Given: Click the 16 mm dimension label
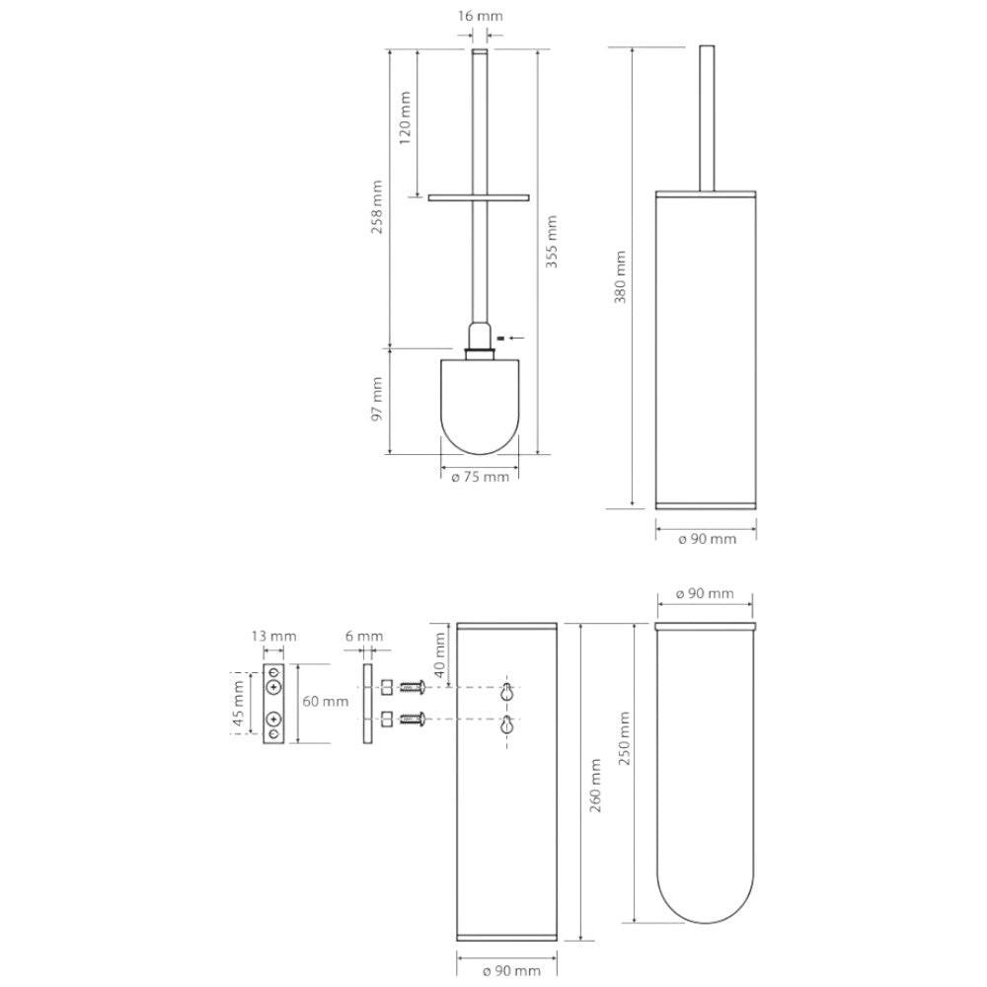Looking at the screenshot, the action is click(480, 17).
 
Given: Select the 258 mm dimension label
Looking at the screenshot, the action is click(377, 207).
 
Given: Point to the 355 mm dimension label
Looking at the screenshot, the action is click(552, 242).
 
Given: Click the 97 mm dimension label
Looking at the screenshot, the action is click(377, 400).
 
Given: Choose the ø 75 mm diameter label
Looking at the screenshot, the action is click(480, 477).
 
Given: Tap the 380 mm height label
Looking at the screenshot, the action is click(621, 277).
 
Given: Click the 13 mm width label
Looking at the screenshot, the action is click(273, 636).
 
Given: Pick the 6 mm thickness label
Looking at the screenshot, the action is click(364, 636).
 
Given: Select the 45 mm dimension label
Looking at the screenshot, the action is click(239, 703).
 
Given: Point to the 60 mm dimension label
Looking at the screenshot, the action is click(325, 701).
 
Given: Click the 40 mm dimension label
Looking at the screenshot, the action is click(440, 654).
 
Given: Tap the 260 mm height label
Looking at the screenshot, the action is click(595, 786).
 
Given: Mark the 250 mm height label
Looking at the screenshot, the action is click(625, 738).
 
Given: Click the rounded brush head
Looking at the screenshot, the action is click(480, 406).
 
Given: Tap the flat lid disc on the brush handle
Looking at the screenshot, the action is click(479, 197).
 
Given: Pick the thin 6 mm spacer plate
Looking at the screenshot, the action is click(367, 703).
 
